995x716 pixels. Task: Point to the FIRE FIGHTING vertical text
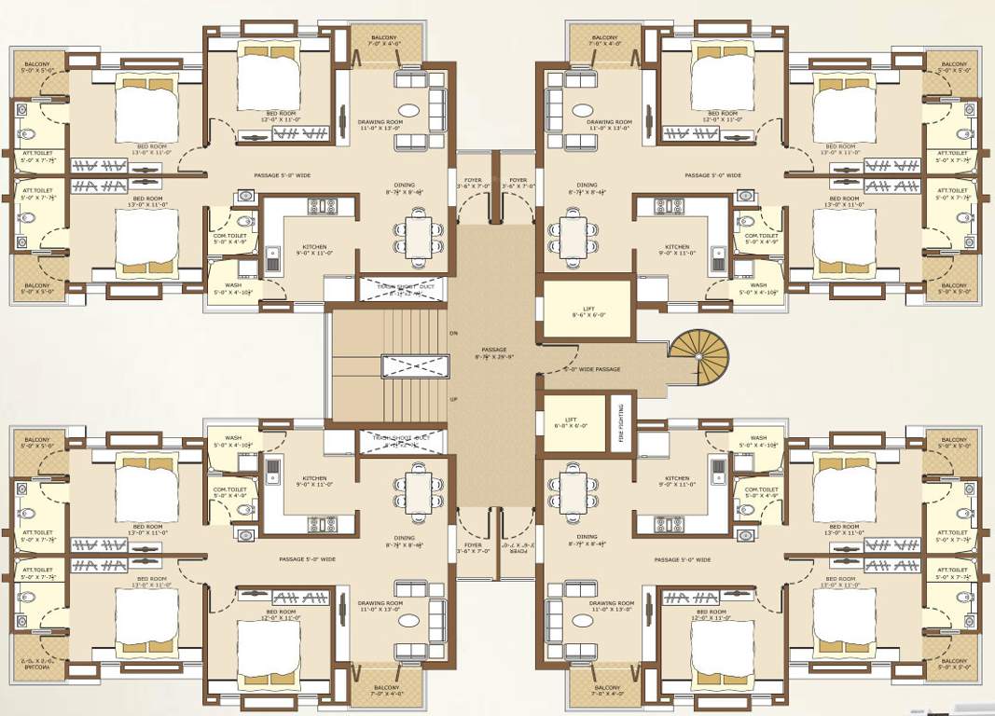click(619, 422)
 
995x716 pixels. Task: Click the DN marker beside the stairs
click(453, 333)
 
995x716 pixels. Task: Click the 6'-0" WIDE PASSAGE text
click(591, 370)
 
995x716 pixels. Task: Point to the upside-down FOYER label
click(518, 546)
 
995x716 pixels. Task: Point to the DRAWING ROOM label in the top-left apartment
click(380, 125)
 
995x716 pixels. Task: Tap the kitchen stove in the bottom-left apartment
click(322, 525)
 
